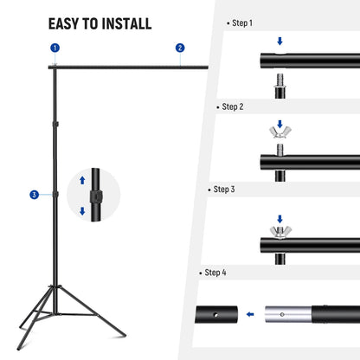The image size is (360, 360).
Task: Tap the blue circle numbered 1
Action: (x=55, y=48)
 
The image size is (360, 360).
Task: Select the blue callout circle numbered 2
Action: (x=180, y=48)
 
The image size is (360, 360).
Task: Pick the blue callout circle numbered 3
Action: (x=34, y=195)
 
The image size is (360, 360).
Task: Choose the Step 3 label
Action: (x=222, y=189)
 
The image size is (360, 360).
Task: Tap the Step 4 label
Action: (x=215, y=272)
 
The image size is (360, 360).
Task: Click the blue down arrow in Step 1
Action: (x=279, y=41)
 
